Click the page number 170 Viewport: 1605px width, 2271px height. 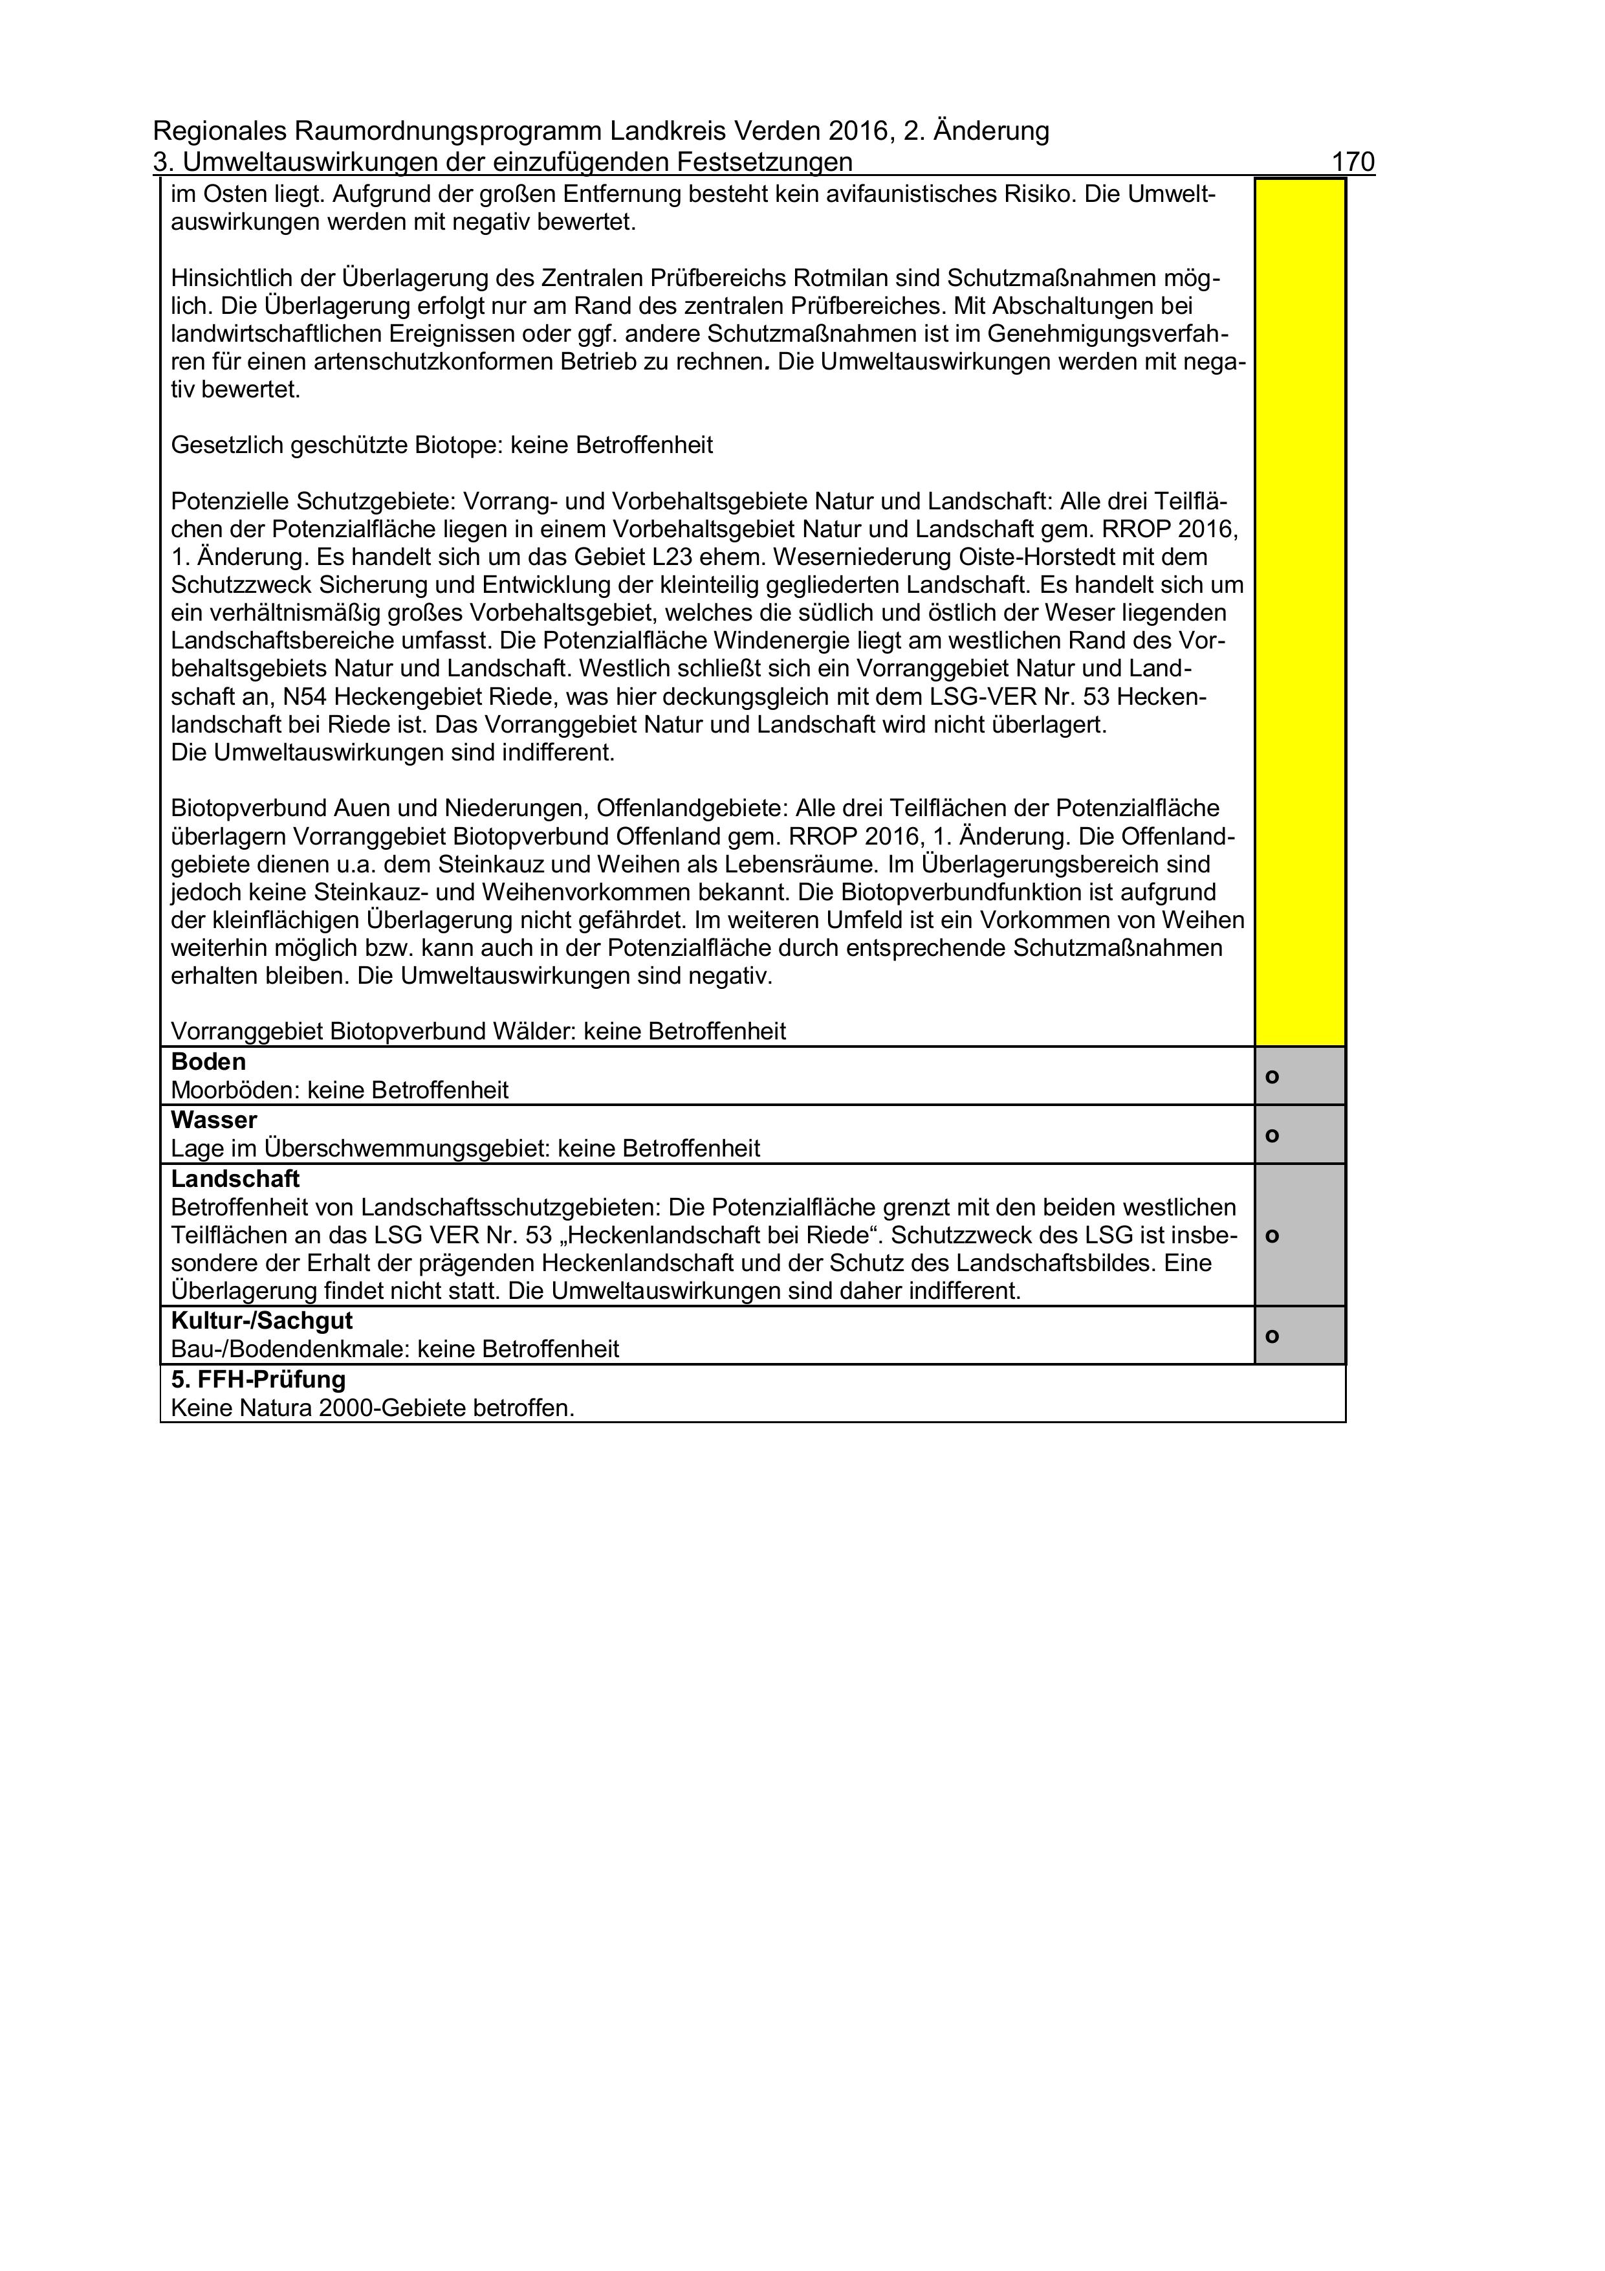coord(1353,162)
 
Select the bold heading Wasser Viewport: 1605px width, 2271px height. coord(213,1121)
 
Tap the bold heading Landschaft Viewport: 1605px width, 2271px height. coord(234,1179)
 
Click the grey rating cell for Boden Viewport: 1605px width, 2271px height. coord(1300,1076)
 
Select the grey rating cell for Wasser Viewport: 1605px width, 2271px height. coord(1300,1135)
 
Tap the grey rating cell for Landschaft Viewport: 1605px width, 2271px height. coord(1300,1235)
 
